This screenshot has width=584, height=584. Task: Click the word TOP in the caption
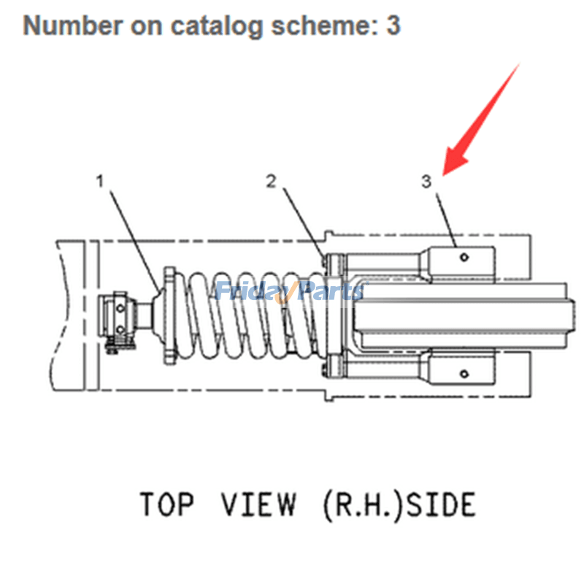coord(167,504)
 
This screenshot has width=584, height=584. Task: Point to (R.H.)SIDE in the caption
coord(399,504)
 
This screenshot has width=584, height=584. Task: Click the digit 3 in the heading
coord(393,26)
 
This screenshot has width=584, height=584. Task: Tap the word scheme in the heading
coord(318,26)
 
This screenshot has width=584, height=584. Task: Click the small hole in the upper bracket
coord(463,257)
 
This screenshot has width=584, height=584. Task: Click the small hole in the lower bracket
coord(463,375)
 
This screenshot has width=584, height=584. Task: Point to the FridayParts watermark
coord(288,292)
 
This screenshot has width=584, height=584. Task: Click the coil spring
coord(248,315)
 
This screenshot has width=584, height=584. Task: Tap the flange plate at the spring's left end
coord(168,315)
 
